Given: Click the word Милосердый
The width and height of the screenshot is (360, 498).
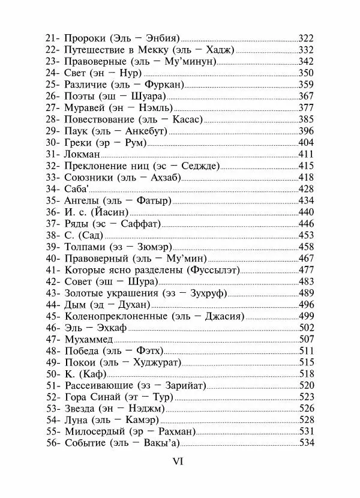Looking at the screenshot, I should tap(94, 431).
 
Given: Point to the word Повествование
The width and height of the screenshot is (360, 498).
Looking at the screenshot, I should tap(97, 119).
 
